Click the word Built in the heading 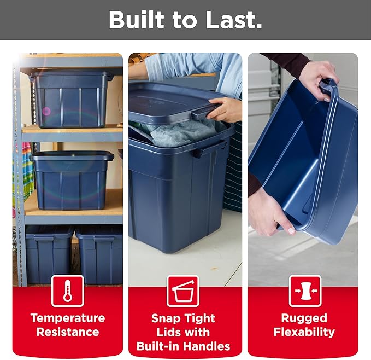coord(136,20)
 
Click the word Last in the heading coord(234,20)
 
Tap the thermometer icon coord(68,291)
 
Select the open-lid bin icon coord(183,291)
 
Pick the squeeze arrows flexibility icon coord(305,291)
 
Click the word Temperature coord(68,318)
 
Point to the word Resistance coord(68,332)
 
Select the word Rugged coord(304,318)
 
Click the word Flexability coord(304,332)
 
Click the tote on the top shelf coord(72,99)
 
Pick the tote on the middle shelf coord(72,181)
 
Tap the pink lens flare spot coord(46,111)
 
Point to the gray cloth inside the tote coord(180,132)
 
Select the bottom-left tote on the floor coord(49,254)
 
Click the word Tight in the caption coord(199,318)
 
